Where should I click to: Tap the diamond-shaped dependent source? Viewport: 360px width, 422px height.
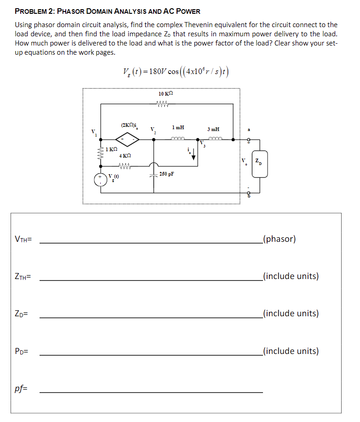[x=127, y=137]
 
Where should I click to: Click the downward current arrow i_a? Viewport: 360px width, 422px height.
[x=194, y=155]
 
